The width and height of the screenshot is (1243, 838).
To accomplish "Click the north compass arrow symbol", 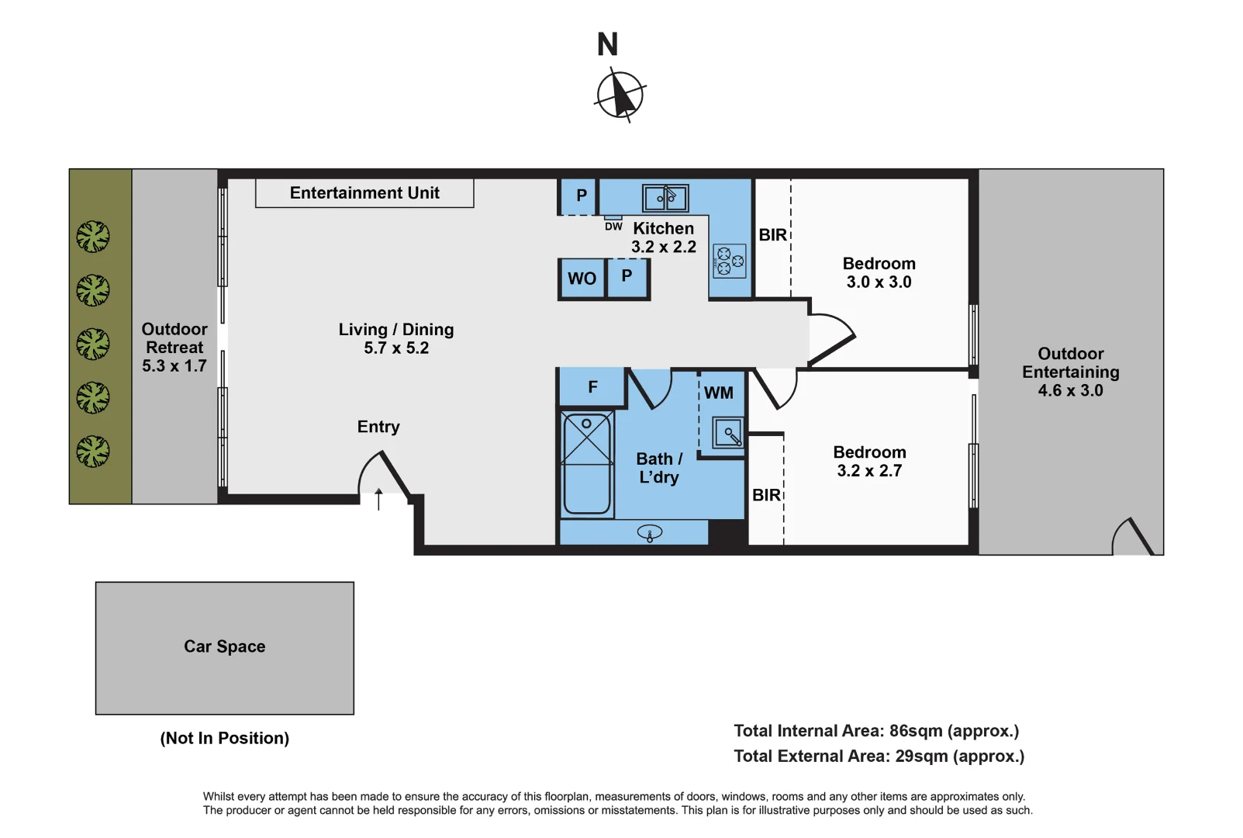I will pyautogui.click(x=620, y=95).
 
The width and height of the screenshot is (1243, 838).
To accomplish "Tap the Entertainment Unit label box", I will pyautogui.click(x=364, y=193).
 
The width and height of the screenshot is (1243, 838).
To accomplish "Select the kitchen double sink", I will pyautogui.click(x=665, y=198).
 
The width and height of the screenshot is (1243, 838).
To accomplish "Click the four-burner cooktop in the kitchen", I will pyautogui.click(x=730, y=261).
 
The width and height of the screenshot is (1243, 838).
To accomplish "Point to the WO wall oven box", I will pyautogui.click(x=582, y=279).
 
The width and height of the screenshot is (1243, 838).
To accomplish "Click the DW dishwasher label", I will pyautogui.click(x=613, y=227).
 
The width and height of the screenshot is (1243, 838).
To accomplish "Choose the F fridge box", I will pyautogui.click(x=592, y=386).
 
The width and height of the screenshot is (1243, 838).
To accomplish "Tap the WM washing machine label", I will pyautogui.click(x=719, y=393).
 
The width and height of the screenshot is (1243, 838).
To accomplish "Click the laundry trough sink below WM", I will pyautogui.click(x=729, y=433).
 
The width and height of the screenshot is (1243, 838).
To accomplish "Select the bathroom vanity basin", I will pyautogui.click(x=650, y=532).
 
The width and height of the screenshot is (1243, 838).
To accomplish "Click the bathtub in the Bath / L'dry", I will pyautogui.click(x=587, y=464).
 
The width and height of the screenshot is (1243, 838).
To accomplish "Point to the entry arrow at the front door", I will pyautogui.click(x=378, y=499).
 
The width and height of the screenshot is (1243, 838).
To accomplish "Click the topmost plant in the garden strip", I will pyautogui.click(x=93, y=237).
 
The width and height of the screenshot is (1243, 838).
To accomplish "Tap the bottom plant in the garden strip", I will pyautogui.click(x=93, y=451).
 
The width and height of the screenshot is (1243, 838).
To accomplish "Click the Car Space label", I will pyautogui.click(x=225, y=646).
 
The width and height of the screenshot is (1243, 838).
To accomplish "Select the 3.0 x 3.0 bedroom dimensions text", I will pyautogui.click(x=879, y=282).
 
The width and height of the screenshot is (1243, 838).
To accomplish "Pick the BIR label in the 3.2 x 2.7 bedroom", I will pyautogui.click(x=766, y=495).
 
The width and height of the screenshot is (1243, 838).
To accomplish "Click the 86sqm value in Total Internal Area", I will pyautogui.click(x=916, y=731).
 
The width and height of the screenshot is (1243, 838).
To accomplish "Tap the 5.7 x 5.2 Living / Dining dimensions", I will pyautogui.click(x=396, y=348).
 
